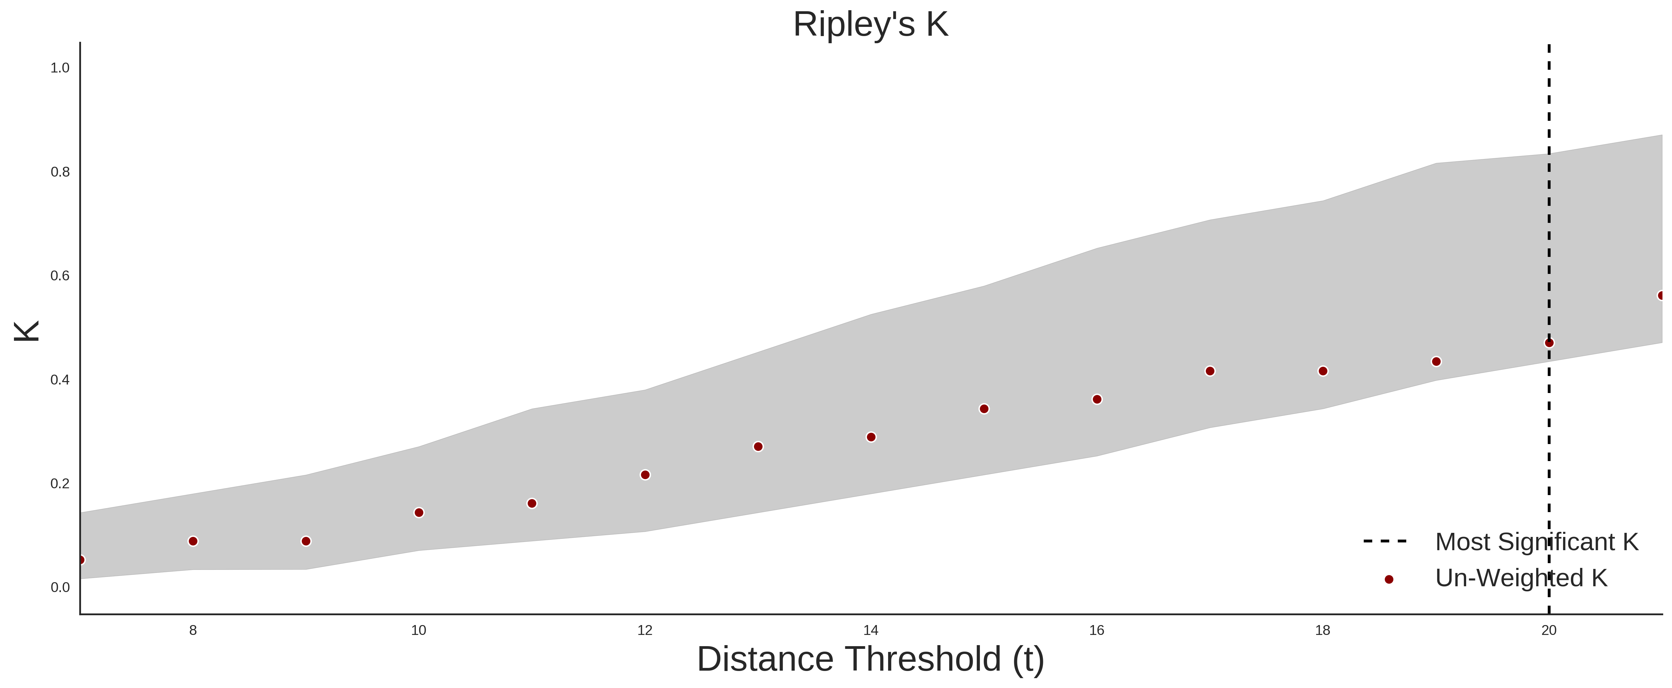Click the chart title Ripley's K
870,24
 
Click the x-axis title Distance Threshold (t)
870,659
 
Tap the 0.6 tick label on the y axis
60,276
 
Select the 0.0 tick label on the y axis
60,587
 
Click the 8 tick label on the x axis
193,630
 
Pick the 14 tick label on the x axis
870,630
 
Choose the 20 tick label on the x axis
1549,630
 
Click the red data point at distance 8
193,541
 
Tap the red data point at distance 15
984,409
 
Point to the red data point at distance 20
1549,343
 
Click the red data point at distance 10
419,513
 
